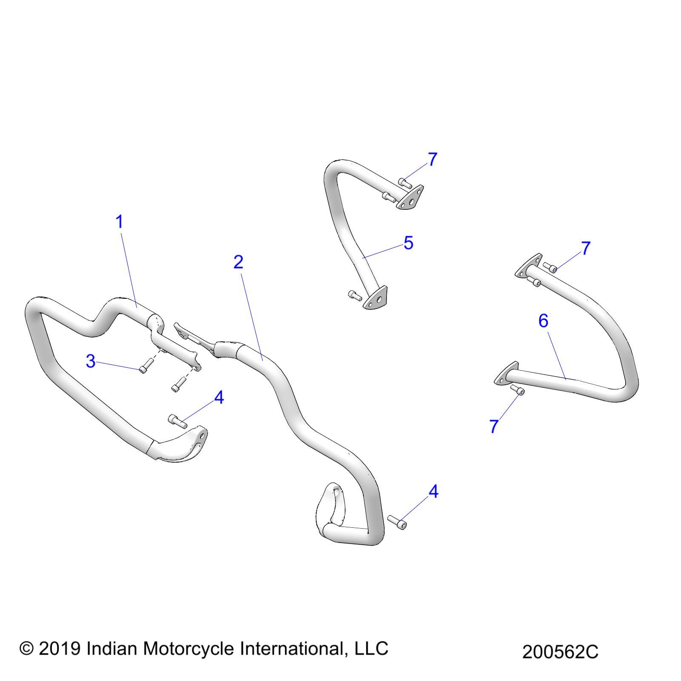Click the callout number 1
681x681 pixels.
tap(120, 222)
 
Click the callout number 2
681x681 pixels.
tap(238, 262)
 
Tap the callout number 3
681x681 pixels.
tap(91, 361)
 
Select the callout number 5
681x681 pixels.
tap(408, 243)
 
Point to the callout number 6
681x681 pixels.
tap(543, 321)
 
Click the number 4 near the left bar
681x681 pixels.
tap(219, 398)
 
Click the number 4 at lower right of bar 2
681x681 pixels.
tap(433, 492)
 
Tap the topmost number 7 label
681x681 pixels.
tap(432, 160)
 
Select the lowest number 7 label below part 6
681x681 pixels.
tap(494, 426)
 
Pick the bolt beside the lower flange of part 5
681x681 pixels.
tap(355, 295)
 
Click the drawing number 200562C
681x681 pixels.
tap(560, 652)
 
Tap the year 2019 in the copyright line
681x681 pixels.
tap(60, 648)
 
